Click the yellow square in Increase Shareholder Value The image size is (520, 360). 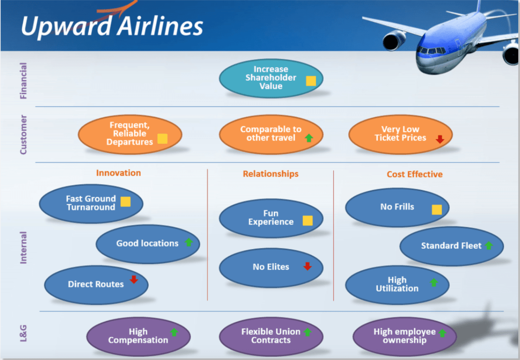pyautogui.click(x=311, y=81)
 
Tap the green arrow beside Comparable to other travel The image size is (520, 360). pyautogui.click(x=309, y=138)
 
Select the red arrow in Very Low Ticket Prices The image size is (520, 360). pyautogui.click(x=440, y=139)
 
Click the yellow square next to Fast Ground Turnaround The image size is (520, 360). pyautogui.click(x=126, y=202)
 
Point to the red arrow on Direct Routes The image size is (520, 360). pyautogui.click(x=134, y=279)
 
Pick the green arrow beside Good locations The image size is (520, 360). pyautogui.click(x=189, y=242)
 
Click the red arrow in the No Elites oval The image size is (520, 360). pyautogui.click(x=307, y=266)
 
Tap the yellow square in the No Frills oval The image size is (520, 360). pyautogui.click(x=437, y=209)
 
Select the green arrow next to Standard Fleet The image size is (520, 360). pyautogui.click(x=489, y=245)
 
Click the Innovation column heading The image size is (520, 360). pyautogui.click(x=118, y=173)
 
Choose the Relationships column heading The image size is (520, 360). pyautogui.click(x=270, y=174)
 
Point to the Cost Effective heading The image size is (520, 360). pyautogui.click(x=414, y=174)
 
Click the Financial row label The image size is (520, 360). pyautogui.click(x=23, y=81)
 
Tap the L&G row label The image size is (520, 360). pyautogui.click(x=23, y=333)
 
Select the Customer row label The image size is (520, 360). pyautogui.click(x=23, y=135)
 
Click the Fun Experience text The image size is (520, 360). pyautogui.click(x=271, y=218)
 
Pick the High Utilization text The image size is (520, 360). pyautogui.click(x=397, y=284)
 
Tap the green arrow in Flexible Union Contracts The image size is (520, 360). pyautogui.click(x=307, y=332)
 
